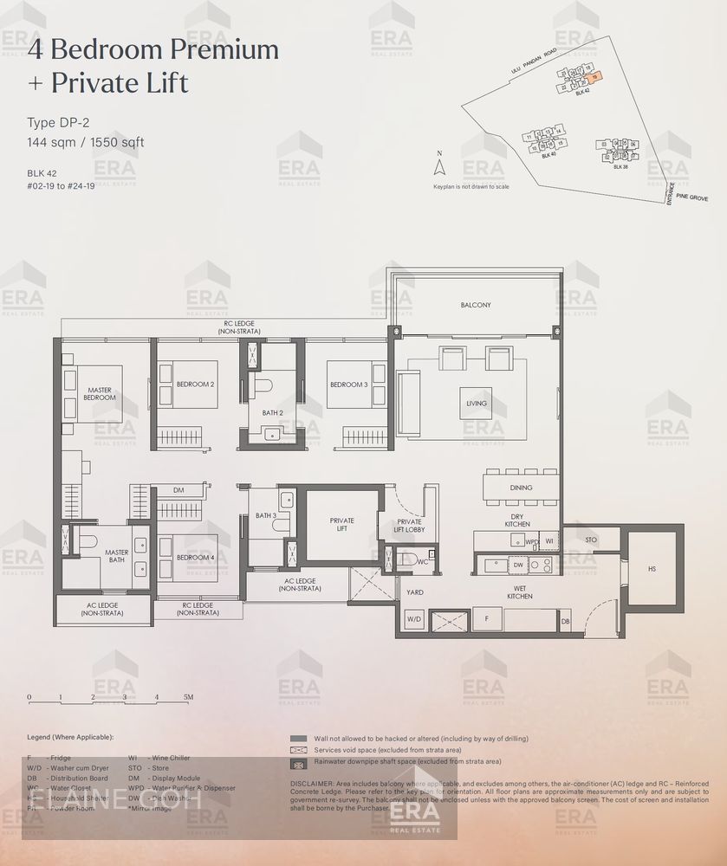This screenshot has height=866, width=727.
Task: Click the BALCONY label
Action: [x=476, y=305]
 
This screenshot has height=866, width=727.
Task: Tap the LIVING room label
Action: [x=476, y=404]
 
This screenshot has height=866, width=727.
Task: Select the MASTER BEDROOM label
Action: [x=100, y=393]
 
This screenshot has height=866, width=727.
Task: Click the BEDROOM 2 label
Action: [x=195, y=384]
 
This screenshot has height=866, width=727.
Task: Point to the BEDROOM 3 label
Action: [x=347, y=385]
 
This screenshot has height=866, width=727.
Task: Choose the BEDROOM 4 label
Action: [x=195, y=558]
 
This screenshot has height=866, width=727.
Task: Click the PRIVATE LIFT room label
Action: [x=342, y=525]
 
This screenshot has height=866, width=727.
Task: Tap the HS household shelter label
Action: [x=652, y=569]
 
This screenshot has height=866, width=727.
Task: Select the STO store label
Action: [x=591, y=540]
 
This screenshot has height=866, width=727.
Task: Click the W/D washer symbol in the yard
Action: [x=413, y=619]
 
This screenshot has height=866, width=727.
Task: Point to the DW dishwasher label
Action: [x=518, y=565]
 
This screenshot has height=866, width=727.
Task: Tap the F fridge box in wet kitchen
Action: [x=487, y=619]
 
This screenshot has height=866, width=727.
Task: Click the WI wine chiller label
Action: [x=549, y=542]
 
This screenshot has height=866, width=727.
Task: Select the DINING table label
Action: [x=521, y=488]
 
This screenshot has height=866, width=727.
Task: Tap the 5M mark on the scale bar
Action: [x=188, y=696]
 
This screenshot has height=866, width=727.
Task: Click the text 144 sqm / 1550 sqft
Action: [x=86, y=142]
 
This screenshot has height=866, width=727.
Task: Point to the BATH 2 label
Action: [x=273, y=413]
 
